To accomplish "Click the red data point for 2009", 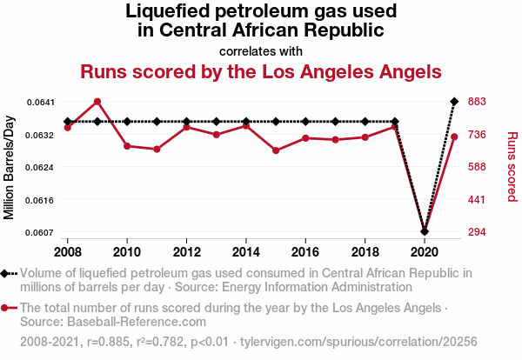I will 97,102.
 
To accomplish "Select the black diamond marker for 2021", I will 454,102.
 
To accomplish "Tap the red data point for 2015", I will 276,150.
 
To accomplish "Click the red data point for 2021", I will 454,137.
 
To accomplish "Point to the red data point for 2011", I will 157,150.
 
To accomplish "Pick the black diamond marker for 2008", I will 68,122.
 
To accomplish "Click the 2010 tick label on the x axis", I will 127,252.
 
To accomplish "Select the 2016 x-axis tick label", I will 305,252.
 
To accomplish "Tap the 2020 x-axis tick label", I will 425,252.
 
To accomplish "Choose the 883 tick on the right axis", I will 477,102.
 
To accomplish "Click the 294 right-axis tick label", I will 477,232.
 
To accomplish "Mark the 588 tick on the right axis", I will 477,167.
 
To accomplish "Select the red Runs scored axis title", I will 512,167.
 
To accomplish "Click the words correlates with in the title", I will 261,50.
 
